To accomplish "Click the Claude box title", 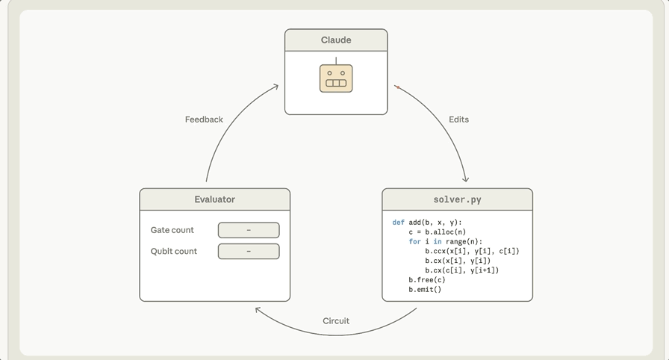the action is (336, 40).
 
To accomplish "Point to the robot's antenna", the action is (336, 61).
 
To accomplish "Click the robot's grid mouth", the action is (336, 83).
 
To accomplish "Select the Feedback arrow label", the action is (204, 120).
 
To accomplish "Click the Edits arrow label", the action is (458, 120).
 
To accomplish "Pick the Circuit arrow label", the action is (336, 320).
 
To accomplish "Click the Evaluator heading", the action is (214, 199).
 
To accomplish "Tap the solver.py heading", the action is (458, 199).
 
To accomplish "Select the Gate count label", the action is (172, 230).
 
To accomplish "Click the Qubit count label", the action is (174, 251).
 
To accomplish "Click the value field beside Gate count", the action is (249, 230).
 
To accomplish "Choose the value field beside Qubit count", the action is (249, 251).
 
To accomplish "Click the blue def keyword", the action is (398, 223).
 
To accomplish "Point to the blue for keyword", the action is (414, 241).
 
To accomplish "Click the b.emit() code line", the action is (425, 290).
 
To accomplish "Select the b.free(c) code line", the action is (426, 280).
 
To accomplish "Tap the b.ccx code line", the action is (472, 251).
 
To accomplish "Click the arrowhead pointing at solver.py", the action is (466, 179).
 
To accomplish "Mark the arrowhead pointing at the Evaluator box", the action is (258, 310).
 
